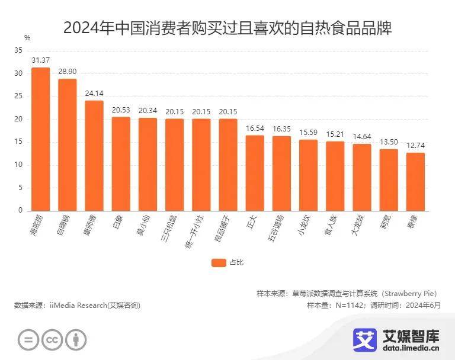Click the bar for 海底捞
[40, 139]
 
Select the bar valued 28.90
[67, 144]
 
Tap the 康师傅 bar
[94, 156]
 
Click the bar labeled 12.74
[415, 181]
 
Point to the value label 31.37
[40, 60]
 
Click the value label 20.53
[121, 110]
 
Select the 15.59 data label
[308, 132]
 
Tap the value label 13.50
[389, 142]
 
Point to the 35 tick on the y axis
[18, 51]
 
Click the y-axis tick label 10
[18, 165]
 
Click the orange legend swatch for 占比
[218, 262]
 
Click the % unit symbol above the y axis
[27, 37]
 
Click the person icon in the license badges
[75, 340]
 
